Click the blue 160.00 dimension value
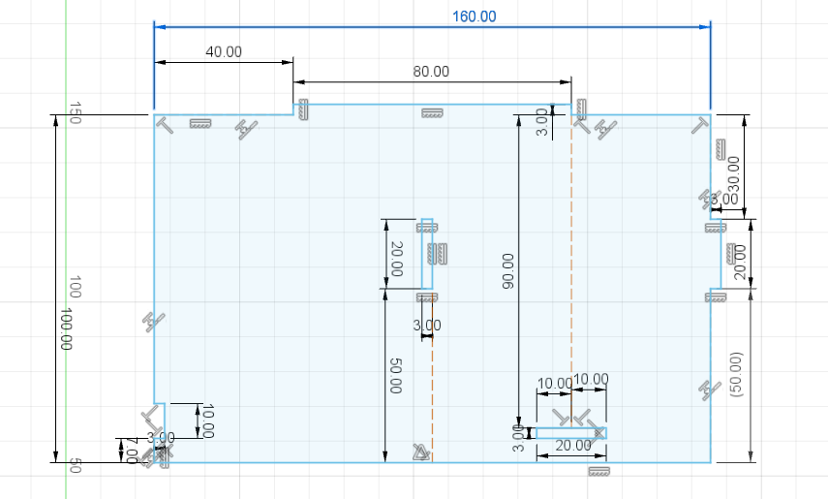pos(474,16)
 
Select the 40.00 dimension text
pos(224,52)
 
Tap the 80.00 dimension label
pos(431,72)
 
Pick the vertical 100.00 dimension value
pos(66,329)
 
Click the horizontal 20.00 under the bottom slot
pos(572,446)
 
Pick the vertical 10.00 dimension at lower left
pos(205,421)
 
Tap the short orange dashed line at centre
pos(432,388)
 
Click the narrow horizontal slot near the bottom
pos(570,433)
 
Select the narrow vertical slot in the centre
pos(426,257)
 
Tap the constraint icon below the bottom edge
pos(599,471)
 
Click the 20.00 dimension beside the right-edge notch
pos(740,262)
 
